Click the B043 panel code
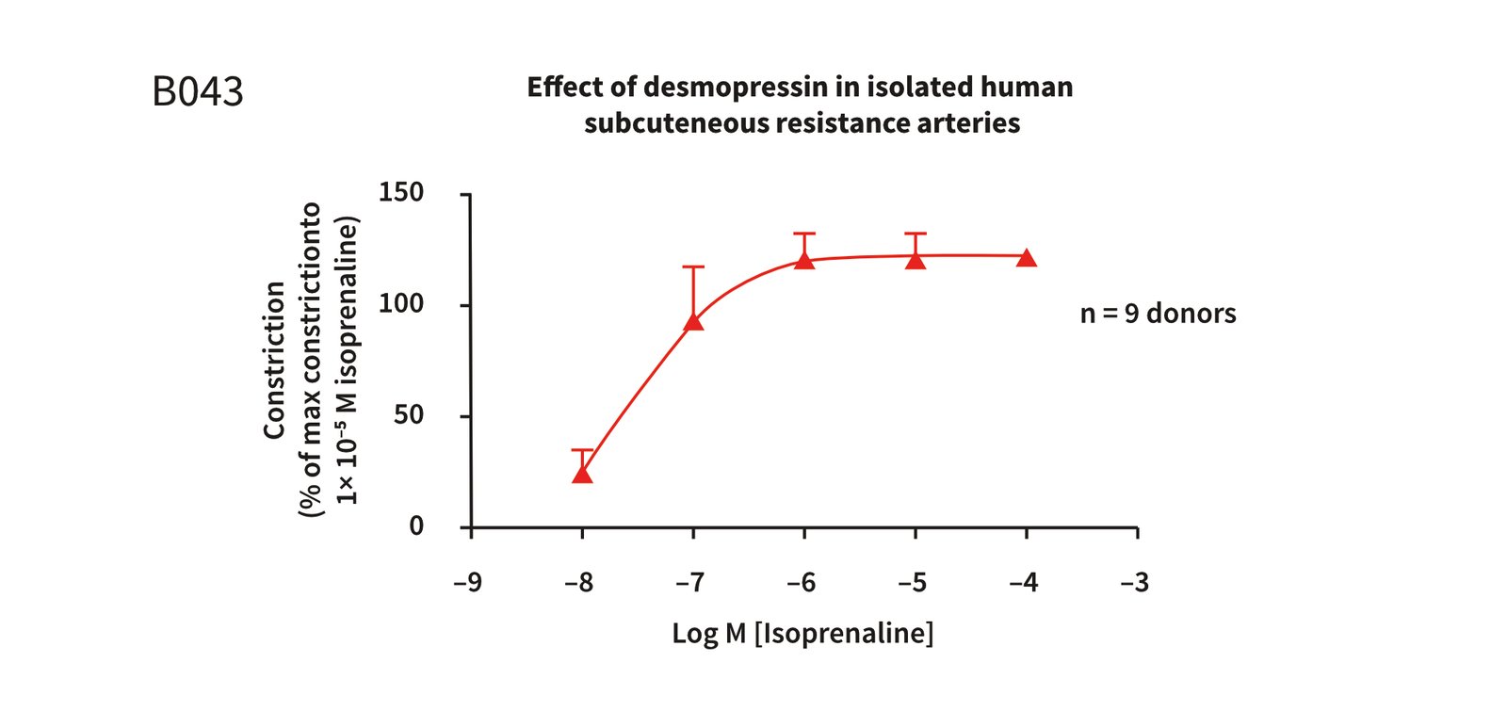(x=198, y=92)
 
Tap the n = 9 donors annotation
(x=1158, y=314)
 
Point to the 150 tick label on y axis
(x=401, y=192)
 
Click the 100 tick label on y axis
(x=401, y=303)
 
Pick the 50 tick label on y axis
(x=409, y=414)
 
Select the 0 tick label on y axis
(x=416, y=525)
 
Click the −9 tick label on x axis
(x=468, y=583)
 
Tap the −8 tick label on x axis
(x=579, y=583)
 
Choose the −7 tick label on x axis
(x=690, y=583)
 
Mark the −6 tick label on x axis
(x=802, y=583)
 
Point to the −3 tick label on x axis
(x=1135, y=583)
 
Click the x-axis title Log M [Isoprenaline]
(x=802, y=633)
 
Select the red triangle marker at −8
(x=582, y=474)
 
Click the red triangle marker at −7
(x=693, y=321)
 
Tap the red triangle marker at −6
(x=804, y=259)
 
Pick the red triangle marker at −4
(x=1027, y=258)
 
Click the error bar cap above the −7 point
(x=693, y=267)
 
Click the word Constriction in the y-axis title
(x=274, y=360)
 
